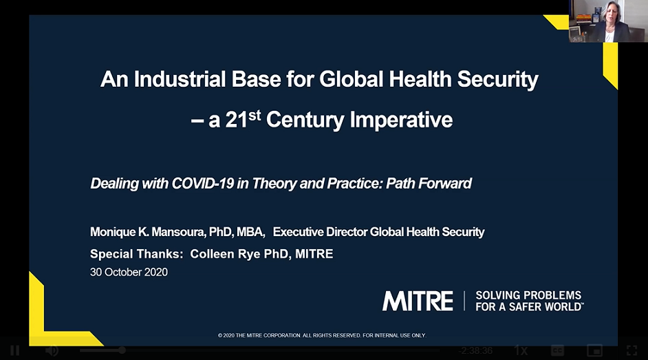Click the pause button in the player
14,350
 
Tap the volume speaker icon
52,350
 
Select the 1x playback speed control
521,350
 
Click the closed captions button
557,350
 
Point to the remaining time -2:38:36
476,350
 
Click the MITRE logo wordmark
418,301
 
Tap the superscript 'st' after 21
255,114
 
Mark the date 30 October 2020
129,272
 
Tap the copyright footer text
322,335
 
